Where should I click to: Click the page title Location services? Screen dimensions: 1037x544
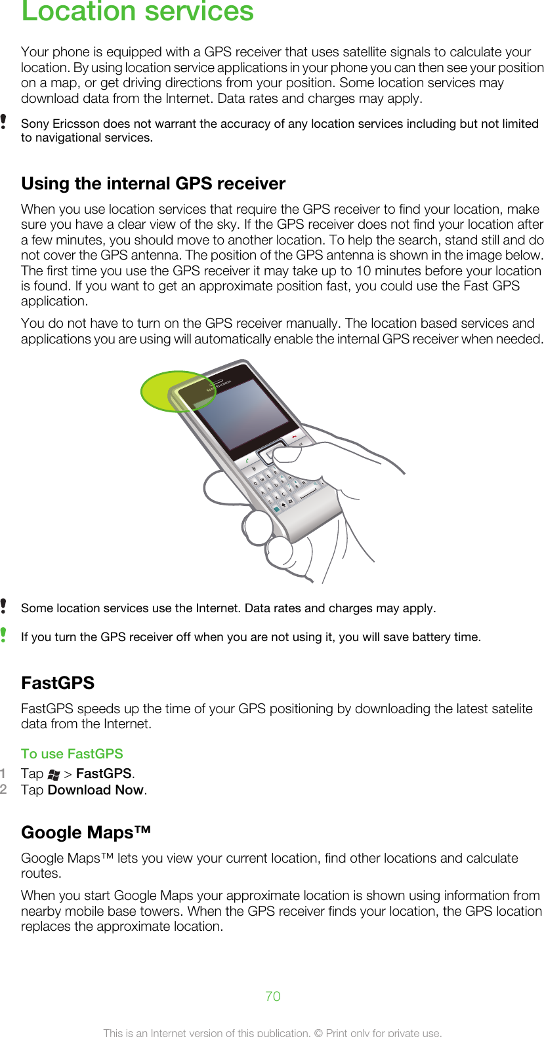[x=137, y=12]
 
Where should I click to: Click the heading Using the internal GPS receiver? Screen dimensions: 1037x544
[x=153, y=184]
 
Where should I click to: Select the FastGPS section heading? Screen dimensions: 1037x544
[x=58, y=683]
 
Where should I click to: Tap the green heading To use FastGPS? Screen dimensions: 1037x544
[x=72, y=754]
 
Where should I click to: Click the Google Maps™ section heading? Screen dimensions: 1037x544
[x=86, y=832]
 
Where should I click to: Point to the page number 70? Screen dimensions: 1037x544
[x=273, y=996]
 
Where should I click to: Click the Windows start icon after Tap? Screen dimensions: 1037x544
[x=54, y=775]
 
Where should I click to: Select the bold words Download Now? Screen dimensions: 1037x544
[x=96, y=790]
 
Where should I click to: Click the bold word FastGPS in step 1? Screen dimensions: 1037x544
[x=104, y=773]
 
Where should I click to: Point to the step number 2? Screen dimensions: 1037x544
[x=4, y=789]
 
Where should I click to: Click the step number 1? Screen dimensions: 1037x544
[x=4, y=773]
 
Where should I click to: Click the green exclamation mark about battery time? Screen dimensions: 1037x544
[x=4, y=635]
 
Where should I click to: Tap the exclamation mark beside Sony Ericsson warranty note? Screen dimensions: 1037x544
[x=4, y=122]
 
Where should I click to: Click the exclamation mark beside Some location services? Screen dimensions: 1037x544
[x=4, y=606]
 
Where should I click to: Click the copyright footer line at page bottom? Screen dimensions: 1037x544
[x=273, y=1032]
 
